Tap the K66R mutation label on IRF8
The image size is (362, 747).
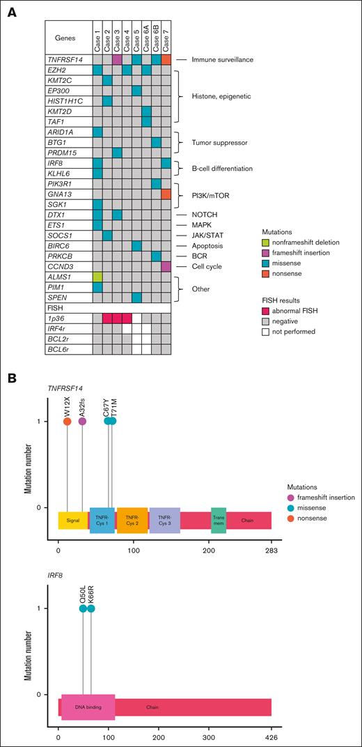91,594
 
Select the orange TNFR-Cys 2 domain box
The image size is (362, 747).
132,520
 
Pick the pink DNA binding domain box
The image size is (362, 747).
88,707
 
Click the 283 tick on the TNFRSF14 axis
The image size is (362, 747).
271,550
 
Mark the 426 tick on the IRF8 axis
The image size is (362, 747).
271,737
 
